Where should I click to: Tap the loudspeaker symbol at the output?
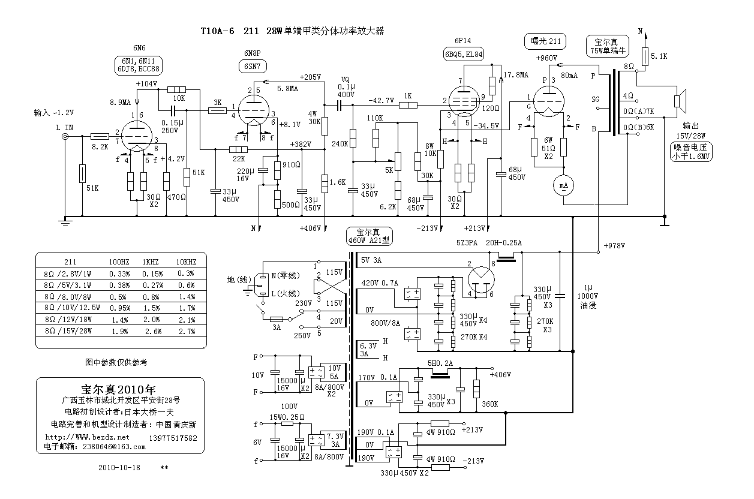point(681,100)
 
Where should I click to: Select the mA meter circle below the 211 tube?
point(563,186)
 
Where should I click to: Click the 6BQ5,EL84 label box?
point(464,54)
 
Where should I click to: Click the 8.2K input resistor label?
point(99,146)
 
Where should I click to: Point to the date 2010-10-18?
point(118,467)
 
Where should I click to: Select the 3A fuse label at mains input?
point(277,329)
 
